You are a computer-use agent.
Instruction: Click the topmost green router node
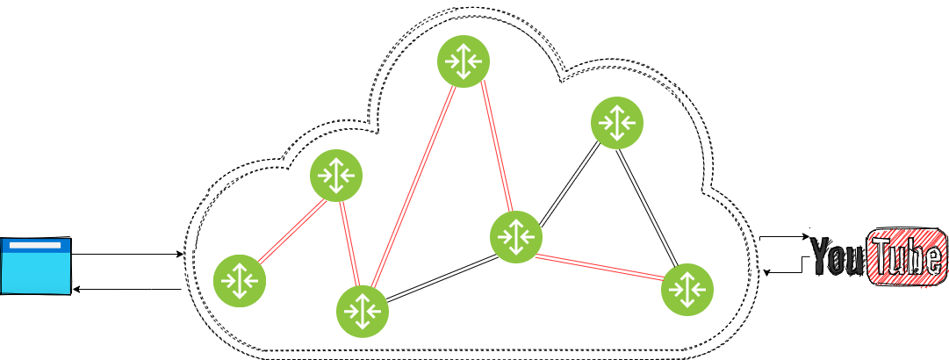[464, 61]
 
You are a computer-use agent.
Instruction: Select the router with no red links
[617, 123]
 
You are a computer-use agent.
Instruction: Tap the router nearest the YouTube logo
[687, 290]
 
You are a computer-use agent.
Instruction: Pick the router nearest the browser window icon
[240, 281]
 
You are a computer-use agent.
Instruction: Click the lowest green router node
[363, 312]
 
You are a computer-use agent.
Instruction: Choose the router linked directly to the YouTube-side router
[516, 237]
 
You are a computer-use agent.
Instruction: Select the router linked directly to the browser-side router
[336, 176]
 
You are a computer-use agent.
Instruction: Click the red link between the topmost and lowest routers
[413, 187]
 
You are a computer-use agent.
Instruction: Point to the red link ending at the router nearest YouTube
[601, 267]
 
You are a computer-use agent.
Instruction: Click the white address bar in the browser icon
[35, 245]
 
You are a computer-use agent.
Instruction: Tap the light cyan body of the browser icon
[35, 272]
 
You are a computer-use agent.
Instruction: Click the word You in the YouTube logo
[838, 258]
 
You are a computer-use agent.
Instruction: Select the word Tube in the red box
[908, 258]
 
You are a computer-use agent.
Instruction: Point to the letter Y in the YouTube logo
[820, 256]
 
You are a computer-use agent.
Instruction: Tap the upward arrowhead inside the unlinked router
[617, 110]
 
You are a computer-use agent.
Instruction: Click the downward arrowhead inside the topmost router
[464, 75]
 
